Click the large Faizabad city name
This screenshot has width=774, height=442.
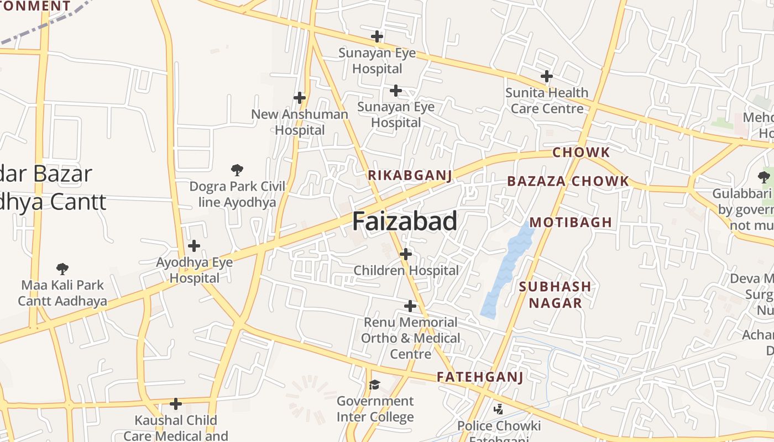pos(405,221)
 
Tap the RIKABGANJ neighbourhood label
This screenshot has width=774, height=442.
pos(410,176)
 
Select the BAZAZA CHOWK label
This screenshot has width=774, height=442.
pos(568,181)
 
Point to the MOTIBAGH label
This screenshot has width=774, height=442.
pos(571,223)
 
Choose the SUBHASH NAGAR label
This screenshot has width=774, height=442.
pos(555,294)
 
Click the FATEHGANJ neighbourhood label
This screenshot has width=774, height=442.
pos(479,377)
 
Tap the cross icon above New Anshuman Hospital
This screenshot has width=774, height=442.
pos(300,98)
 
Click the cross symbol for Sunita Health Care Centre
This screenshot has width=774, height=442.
pos(547,76)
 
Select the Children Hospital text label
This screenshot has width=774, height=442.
pos(406,271)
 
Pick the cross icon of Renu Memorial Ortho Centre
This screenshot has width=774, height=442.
pos(410,306)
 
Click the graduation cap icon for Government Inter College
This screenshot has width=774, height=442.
pos(375,385)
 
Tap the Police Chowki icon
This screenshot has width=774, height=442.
pos(498,409)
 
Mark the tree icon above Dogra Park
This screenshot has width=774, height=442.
pos(237,170)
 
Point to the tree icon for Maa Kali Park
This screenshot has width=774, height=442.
pos(62,269)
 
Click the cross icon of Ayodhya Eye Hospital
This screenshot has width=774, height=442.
pos(194,246)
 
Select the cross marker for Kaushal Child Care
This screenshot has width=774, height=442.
pos(176,404)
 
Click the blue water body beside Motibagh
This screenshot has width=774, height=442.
pos(506,271)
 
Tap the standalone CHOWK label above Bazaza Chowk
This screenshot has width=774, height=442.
pos(581,152)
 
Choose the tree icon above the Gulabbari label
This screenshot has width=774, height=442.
pos(763,177)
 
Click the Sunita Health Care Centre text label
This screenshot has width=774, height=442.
pos(547,101)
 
